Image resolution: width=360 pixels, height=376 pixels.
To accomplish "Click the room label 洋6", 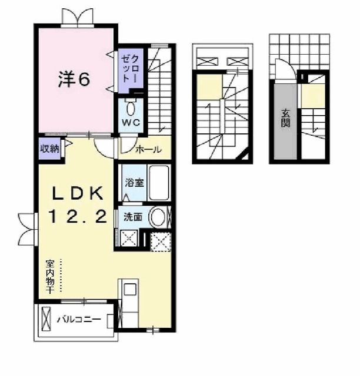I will [74, 80].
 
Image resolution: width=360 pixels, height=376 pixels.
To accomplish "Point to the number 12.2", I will [76, 217].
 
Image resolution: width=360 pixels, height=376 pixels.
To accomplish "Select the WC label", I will [130, 122].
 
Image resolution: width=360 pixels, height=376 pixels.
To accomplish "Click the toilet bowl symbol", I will [131, 108].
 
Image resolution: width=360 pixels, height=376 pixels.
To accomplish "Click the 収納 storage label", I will [49, 149].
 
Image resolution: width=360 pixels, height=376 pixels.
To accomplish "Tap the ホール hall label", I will [148, 150].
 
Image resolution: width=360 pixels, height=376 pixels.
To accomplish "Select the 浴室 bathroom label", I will [132, 183].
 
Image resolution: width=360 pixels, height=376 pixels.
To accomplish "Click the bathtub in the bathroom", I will [159, 183].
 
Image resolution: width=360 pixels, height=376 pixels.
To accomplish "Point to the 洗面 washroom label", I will [132, 216].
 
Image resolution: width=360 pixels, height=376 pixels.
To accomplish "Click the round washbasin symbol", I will [158, 217].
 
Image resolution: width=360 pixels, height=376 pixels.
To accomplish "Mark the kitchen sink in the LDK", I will [129, 290].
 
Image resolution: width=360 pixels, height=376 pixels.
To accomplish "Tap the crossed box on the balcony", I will [46, 320].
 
